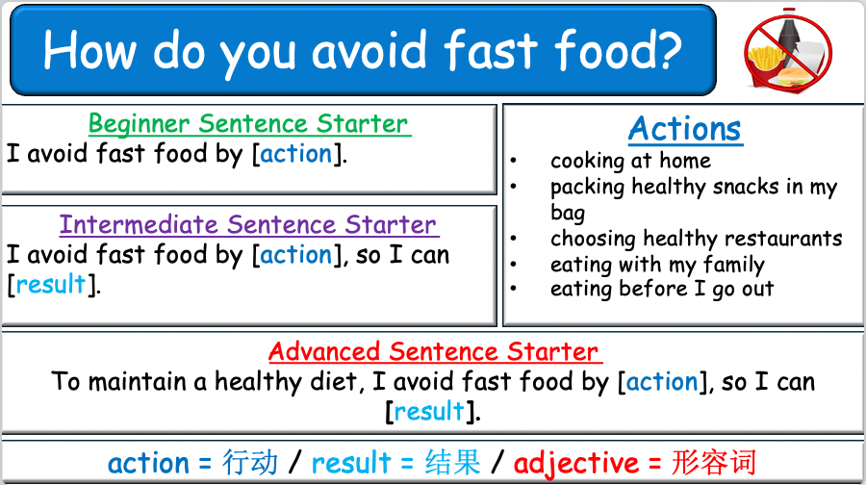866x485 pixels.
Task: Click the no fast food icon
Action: click(x=788, y=50)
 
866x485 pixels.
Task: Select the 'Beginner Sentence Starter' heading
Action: click(x=248, y=124)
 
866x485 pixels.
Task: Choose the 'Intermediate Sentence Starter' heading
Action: click(x=248, y=225)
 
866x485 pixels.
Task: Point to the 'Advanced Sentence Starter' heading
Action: click(x=434, y=351)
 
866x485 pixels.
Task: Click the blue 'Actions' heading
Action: click(x=685, y=129)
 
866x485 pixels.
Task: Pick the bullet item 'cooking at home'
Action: click(x=630, y=161)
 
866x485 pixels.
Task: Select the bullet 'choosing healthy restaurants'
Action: click(x=696, y=238)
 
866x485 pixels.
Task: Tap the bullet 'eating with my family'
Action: click(x=657, y=264)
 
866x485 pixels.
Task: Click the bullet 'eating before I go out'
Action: click(x=662, y=289)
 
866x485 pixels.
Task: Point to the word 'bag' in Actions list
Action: click(x=568, y=212)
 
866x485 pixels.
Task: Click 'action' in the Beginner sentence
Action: click(x=296, y=154)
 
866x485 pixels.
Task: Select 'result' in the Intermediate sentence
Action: click(x=51, y=285)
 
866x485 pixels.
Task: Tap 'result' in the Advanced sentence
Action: click(x=429, y=412)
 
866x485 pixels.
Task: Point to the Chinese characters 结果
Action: click(x=452, y=463)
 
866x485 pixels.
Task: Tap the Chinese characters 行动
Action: click(x=250, y=463)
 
